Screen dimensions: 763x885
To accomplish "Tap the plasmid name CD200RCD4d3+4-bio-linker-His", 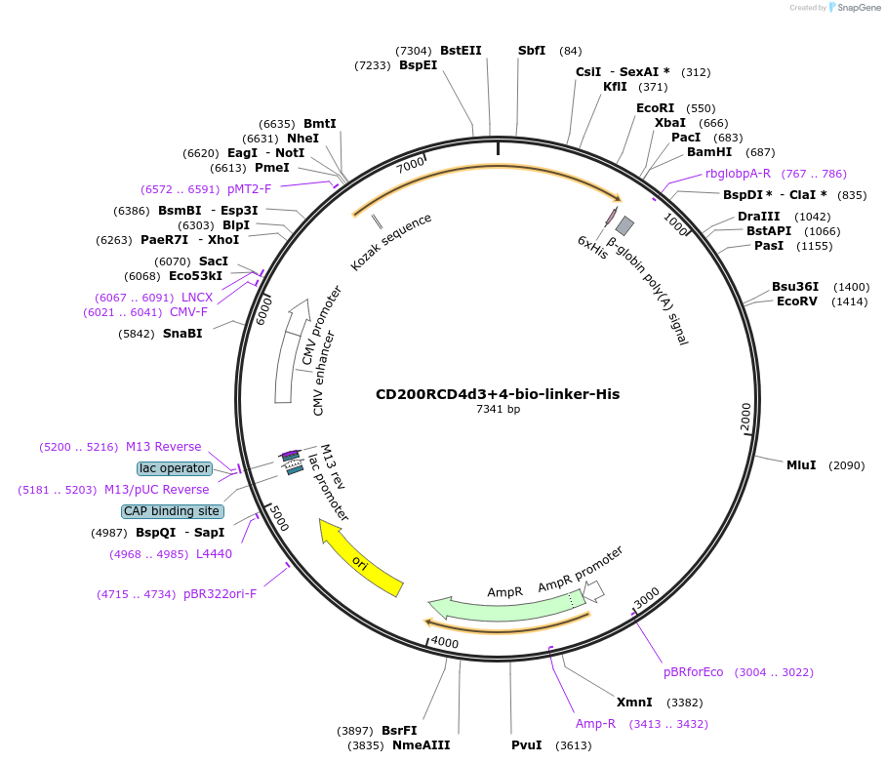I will (498, 395).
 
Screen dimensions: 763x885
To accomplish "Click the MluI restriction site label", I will (801, 465).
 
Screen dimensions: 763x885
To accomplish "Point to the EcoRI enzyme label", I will (655, 108).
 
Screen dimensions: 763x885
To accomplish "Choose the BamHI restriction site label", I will (709, 152).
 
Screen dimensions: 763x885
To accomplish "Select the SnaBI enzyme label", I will (182, 334).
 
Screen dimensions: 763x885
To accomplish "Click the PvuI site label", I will (527, 745).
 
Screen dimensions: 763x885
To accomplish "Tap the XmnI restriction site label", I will (634, 703).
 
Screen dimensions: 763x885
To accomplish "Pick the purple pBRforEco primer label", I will (694, 672).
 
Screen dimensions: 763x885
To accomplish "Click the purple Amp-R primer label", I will (595, 724).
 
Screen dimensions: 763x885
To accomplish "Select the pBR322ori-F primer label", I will (220, 594).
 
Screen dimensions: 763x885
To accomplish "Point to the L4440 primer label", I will (214, 554).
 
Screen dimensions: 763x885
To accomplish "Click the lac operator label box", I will (175, 468).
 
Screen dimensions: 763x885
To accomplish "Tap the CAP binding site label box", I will (172, 511).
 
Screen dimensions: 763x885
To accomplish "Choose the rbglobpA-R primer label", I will (738, 174).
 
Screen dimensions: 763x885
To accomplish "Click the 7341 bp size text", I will (498, 410).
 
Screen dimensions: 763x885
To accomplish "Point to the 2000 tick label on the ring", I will (746, 416).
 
